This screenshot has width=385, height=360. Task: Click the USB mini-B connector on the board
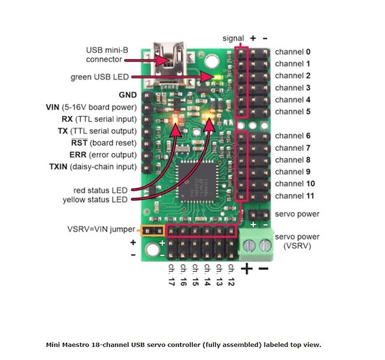pyautogui.click(x=168, y=64)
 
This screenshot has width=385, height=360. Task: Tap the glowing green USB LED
pyautogui.click(x=218, y=77)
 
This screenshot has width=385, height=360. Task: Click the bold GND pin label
pyautogui.click(x=128, y=95)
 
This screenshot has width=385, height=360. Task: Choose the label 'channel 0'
pyautogui.click(x=293, y=52)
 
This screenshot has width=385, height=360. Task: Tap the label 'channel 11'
pyautogui.click(x=295, y=196)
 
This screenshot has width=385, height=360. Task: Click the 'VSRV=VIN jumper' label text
pyautogui.click(x=101, y=229)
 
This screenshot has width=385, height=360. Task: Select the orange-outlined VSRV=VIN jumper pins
pyautogui.click(x=152, y=231)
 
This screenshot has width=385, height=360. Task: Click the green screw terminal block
pyautogui.click(x=256, y=245)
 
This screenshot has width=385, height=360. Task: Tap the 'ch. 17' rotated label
pyautogui.click(x=171, y=275)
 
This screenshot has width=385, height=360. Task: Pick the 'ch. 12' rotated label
pyautogui.click(x=231, y=275)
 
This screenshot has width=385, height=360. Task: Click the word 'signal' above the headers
pyautogui.click(x=233, y=38)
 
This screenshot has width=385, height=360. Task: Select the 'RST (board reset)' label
pyautogui.click(x=104, y=143)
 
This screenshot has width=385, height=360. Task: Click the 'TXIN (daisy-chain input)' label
pyautogui.click(x=93, y=167)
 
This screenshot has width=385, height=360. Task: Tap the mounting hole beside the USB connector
pyautogui.click(x=212, y=61)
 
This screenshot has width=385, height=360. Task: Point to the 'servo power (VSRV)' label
pyautogui.click(x=297, y=241)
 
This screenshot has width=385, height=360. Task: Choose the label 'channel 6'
pyautogui.click(x=293, y=136)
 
